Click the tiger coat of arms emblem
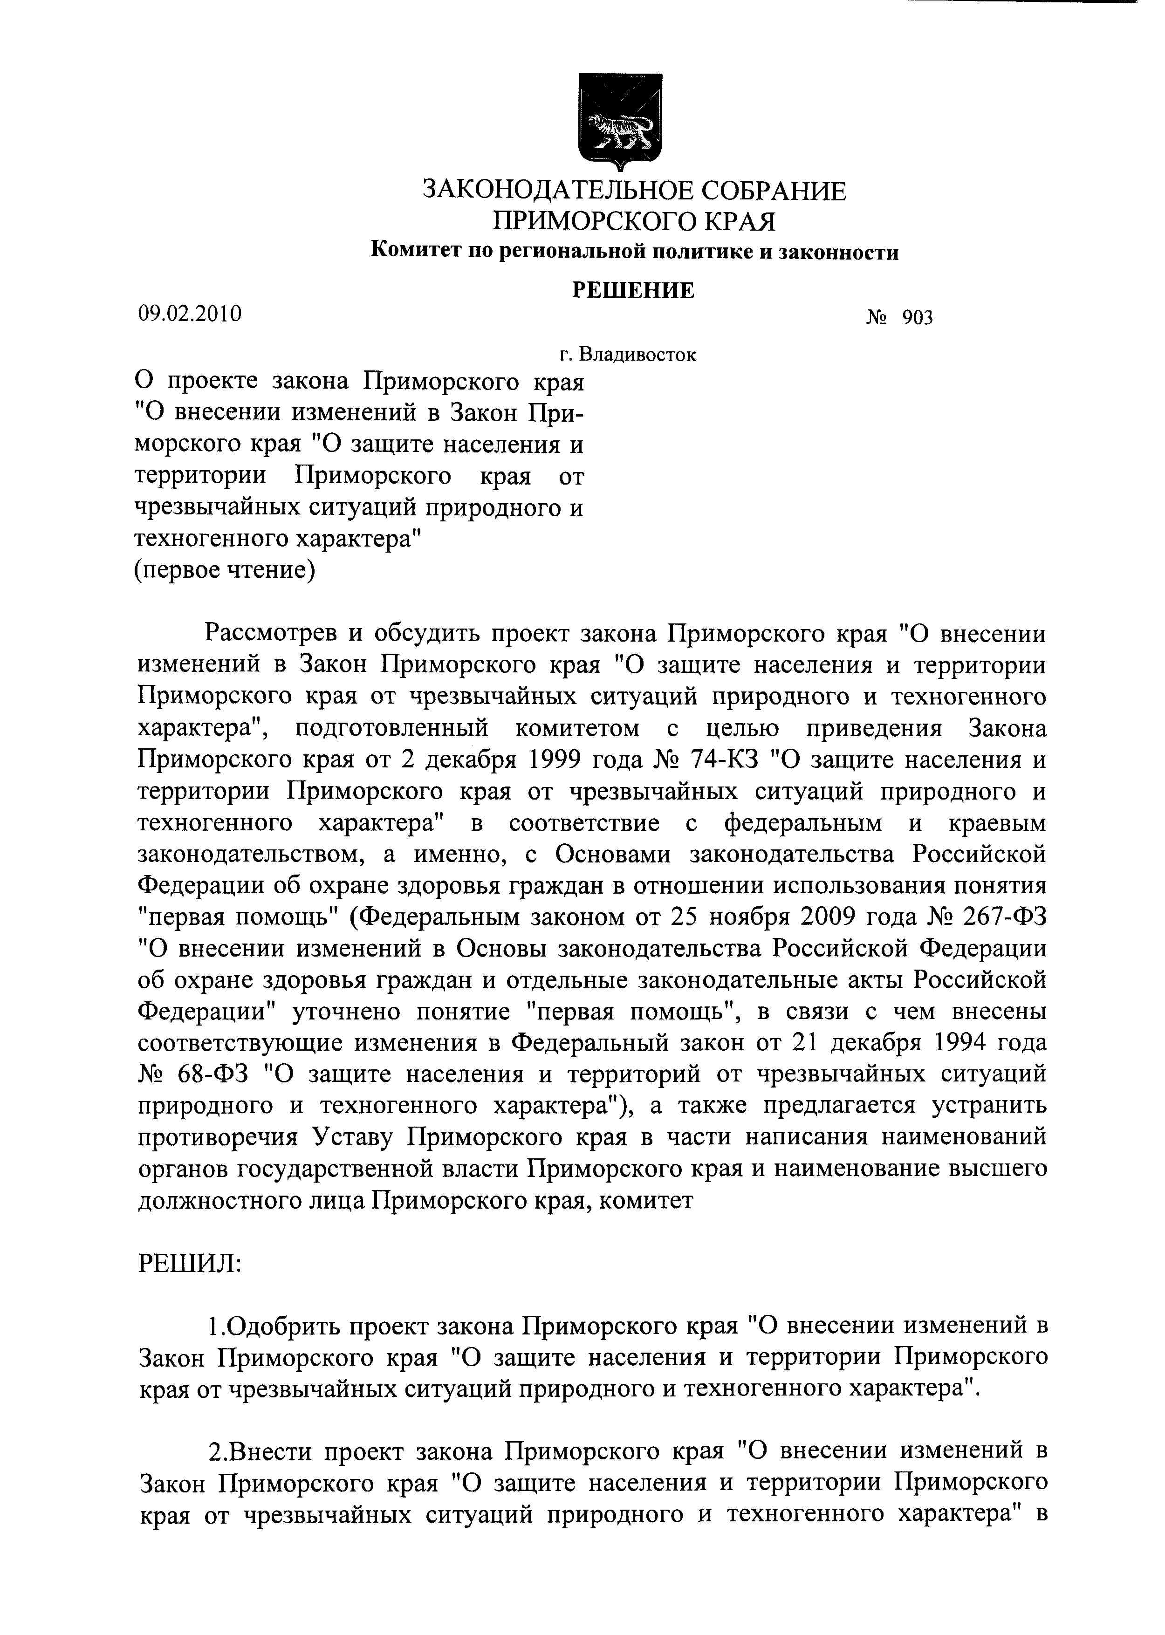620,122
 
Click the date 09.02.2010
189,314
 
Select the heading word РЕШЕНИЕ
633,290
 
